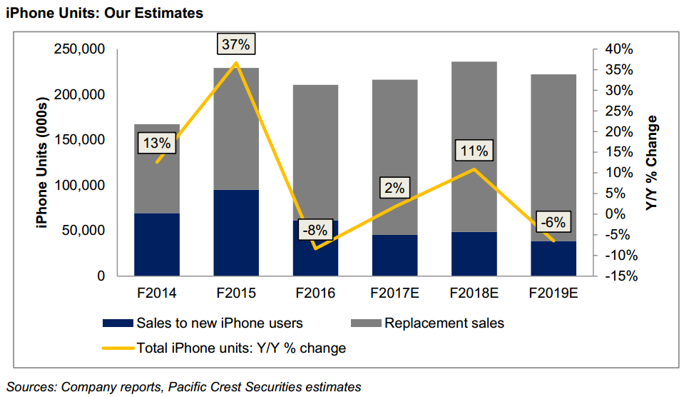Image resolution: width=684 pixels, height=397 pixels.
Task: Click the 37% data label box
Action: pyautogui.click(x=235, y=44)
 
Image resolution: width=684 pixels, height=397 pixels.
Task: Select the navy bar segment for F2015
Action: pyautogui.click(x=235, y=232)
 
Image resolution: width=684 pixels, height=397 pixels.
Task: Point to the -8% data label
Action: pyautogui.click(x=315, y=230)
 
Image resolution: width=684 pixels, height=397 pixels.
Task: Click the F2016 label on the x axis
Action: pyautogui.click(x=315, y=293)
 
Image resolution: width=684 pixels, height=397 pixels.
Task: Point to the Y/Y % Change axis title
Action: pyautogui.click(x=652, y=162)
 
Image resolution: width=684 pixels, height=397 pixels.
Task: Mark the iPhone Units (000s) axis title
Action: pyautogui.click(x=42, y=163)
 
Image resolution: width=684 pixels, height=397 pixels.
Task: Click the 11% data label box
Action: pyautogui.click(x=474, y=151)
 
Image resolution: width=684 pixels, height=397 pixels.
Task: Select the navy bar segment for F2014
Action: pyautogui.click(x=156, y=244)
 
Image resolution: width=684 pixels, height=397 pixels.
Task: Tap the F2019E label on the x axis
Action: pyautogui.click(x=553, y=293)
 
